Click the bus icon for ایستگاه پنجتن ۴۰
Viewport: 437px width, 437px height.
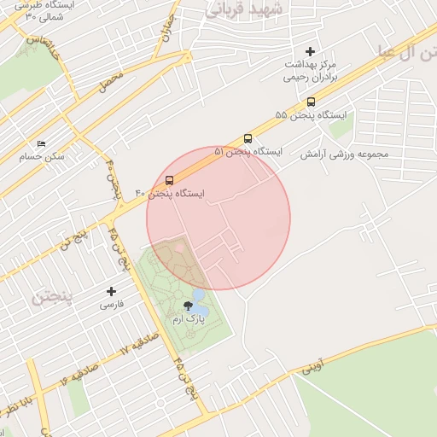(x=169, y=181)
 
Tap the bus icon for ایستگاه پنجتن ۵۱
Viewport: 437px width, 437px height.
(x=248, y=138)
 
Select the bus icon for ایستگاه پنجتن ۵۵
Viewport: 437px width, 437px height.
(x=310, y=102)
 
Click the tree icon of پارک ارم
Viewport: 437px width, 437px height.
(x=187, y=306)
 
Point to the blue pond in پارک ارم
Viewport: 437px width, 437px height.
(x=198, y=295)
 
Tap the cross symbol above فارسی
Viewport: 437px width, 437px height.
(x=112, y=292)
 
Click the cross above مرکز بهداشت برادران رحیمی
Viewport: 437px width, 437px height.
(x=310, y=52)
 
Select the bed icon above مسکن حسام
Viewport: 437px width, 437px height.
(x=41, y=143)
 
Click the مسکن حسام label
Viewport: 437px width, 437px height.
(x=42, y=157)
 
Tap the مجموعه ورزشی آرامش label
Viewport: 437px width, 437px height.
(x=344, y=154)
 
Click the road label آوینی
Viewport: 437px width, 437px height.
(x=312, y=367)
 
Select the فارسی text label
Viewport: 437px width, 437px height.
(x=112, y=304)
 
